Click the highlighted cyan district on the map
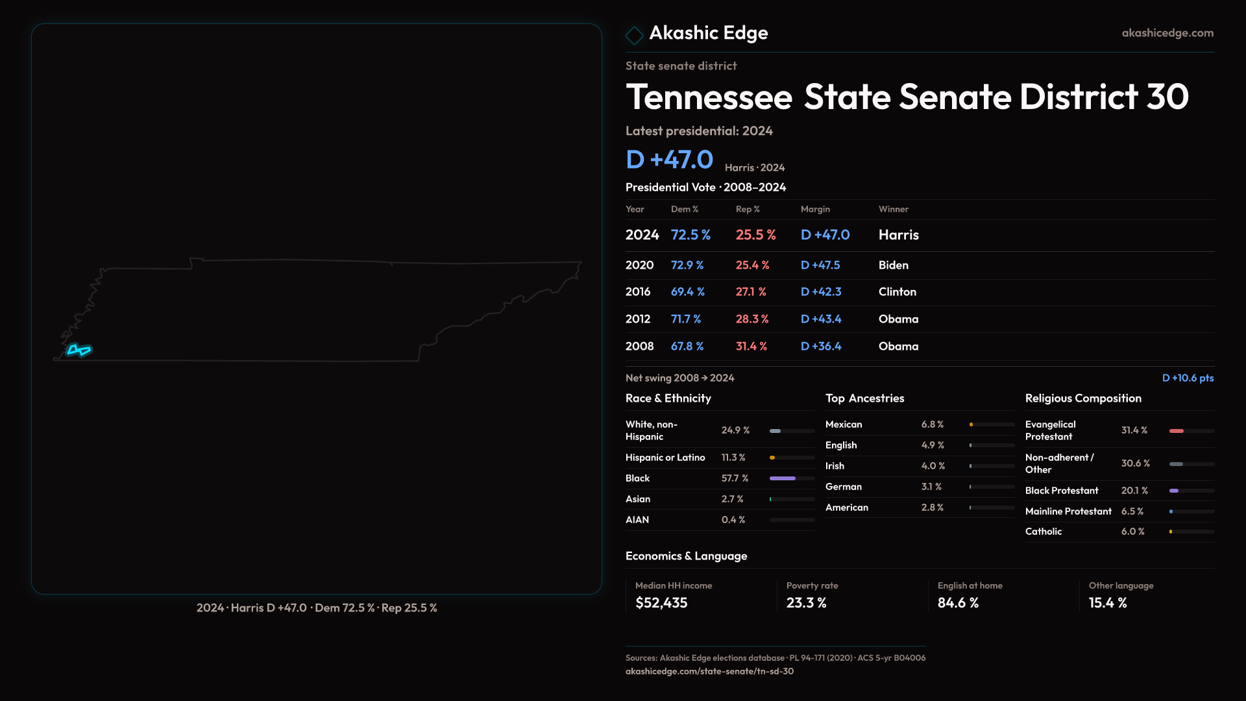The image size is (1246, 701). [79, 350]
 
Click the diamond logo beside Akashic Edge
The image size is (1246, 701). [634, 35]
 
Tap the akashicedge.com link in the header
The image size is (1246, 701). [1167, 33]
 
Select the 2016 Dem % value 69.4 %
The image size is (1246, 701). [687, 292]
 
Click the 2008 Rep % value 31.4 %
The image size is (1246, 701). [751, 347]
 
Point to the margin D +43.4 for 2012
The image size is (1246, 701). [820, 319]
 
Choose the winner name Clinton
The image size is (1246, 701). [897, 292]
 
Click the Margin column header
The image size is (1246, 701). [815, 209]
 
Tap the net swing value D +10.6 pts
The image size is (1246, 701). [1188, 378]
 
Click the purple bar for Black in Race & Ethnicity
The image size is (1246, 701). [782, 478]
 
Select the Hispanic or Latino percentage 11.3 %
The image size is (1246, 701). [733, 458]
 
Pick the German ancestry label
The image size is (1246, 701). [843, 487]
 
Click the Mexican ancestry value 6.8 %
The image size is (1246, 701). [932, 424]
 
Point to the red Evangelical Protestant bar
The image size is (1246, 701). [1176, 431]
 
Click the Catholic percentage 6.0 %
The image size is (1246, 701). [1132, 532]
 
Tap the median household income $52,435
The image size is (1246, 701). [661, 603]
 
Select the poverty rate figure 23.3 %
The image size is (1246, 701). [806, 603]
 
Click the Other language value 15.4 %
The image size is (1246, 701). [1107, 603]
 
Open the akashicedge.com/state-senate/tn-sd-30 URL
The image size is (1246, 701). [709, 671]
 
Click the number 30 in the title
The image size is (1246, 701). [1167, 97]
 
